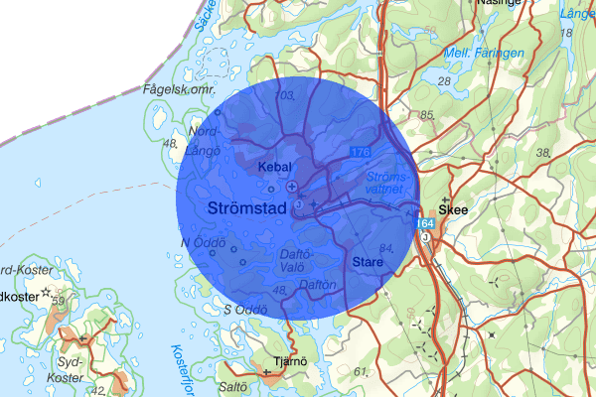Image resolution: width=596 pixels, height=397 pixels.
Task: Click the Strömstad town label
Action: [248, 208]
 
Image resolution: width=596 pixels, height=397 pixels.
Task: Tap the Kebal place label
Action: [275, 168]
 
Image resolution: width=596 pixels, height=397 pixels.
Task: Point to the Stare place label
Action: [368, 262]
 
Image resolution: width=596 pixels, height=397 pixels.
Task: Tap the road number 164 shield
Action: [424, 226]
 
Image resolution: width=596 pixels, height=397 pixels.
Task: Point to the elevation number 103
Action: [287, 96]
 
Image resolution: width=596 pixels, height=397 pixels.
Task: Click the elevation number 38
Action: [542, 152]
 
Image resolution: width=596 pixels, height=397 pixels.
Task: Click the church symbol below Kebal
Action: [291, 186]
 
